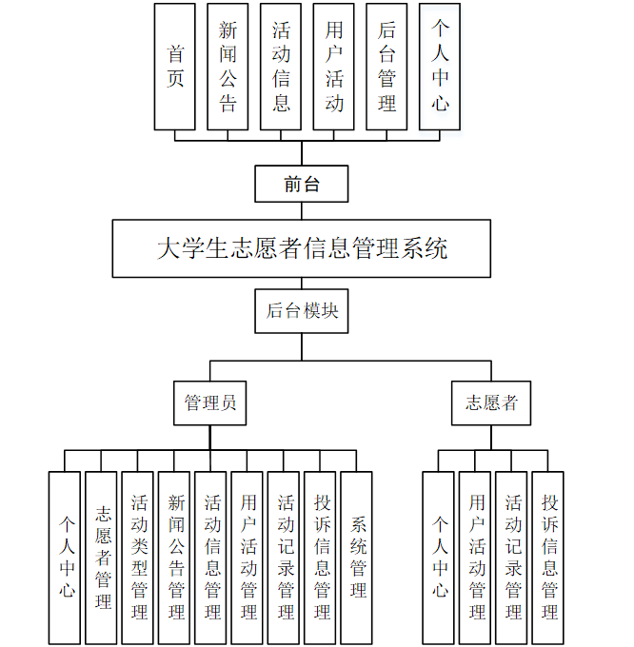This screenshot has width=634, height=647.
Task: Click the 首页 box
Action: (x=175, y=67)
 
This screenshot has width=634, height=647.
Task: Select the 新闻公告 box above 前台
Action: (x=228, y=67)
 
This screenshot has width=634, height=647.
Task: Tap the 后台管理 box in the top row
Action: (x=386, y=67)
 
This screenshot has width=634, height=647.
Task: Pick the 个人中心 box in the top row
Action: (x=440, y=67)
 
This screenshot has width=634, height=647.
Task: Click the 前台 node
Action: (x=302, y=184)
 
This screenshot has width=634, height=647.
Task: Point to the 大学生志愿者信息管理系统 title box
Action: (x=302, y=249)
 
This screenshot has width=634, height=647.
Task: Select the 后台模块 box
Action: (x=302, y=311)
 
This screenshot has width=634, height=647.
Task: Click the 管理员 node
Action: (x=210, y=402)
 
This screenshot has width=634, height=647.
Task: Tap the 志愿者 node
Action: (x=491, y=402)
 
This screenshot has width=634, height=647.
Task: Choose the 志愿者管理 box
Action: (x=102, y=558)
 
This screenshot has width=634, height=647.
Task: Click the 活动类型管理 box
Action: (x=138, y=558)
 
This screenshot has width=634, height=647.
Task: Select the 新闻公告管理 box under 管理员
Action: (x=174, y=558)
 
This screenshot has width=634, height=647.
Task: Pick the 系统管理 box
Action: (x=357, y=558)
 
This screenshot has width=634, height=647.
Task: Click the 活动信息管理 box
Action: (x=211, y=558)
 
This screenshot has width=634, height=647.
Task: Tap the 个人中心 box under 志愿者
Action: (x=439, y=558)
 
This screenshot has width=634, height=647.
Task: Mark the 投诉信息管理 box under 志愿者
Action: (x=548, y=558)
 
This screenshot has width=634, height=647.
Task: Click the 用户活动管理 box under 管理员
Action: (x=248, y=558)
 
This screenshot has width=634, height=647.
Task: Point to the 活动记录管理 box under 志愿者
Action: (x=512, y=558)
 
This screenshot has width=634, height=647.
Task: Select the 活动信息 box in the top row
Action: (x=281, y=67)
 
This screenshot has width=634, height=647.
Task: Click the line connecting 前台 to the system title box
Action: (x=302, y=211)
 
